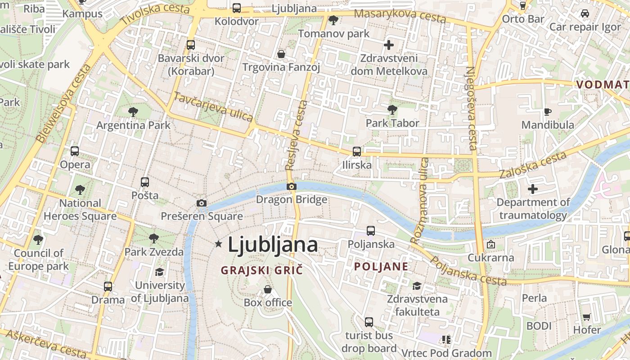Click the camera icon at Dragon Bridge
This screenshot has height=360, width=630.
292,186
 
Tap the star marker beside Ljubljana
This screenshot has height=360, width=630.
219,244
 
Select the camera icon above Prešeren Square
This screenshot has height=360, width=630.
202,203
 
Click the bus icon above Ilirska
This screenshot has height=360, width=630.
357,151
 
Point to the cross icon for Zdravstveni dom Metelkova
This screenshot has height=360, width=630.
389,45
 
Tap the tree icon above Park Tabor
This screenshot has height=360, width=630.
392,109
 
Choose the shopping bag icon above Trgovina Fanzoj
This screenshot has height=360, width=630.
281,54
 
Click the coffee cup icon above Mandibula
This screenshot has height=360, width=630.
548,112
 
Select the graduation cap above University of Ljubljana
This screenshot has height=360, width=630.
159,272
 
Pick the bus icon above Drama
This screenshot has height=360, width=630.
108,286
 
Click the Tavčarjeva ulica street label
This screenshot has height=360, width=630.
213,107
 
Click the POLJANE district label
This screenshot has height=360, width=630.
381,266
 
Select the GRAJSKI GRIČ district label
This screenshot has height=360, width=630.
261,270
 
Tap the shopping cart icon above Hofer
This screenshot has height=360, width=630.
587,317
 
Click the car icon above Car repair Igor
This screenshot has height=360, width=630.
585,13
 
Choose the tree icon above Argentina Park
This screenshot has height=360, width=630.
133,112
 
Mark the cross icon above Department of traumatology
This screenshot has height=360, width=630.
533,189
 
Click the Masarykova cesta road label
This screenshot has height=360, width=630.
400,15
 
